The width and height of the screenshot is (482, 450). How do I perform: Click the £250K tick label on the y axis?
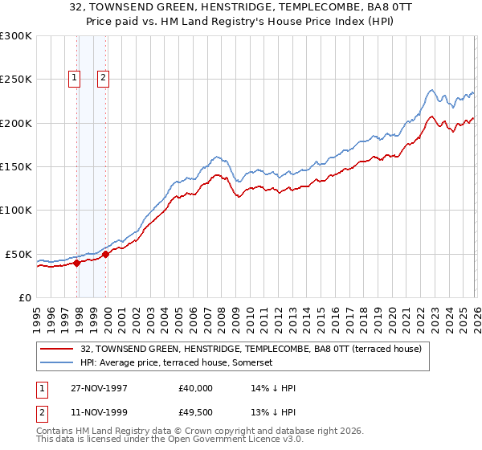[x=16, y=80]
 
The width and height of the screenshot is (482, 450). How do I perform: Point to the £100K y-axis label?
[x=16, y=211]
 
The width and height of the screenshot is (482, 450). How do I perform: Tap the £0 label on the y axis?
[x=25, y=297]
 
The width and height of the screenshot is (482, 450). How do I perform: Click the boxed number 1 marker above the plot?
[x=74, y=78]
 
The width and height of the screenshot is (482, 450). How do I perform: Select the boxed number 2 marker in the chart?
[x=104, y=78]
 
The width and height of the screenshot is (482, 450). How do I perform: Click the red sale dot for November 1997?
[x=77, y=263]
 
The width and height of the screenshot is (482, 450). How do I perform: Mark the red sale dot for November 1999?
[x=105, y=254]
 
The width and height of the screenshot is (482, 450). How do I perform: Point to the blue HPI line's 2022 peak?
[x=431, y=90]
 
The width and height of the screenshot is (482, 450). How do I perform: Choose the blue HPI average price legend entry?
[x=177, y=363]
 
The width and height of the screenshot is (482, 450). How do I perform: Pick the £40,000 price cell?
[x=195, y=388]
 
